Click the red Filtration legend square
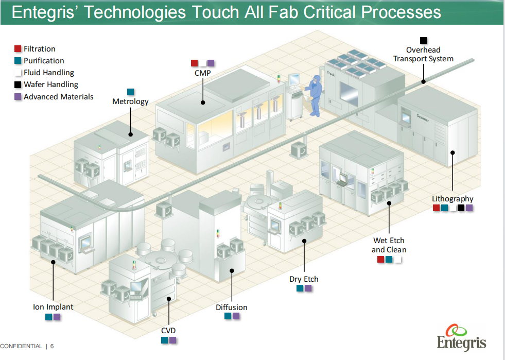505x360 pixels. coord(18,49)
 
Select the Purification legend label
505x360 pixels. coord(44,61)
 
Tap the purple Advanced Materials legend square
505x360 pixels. coord(18,96)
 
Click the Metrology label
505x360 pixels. coord(130,101)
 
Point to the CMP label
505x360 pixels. coord(202,73)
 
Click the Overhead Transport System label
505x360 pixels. coord(423,54)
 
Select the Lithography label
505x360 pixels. coord(452,199)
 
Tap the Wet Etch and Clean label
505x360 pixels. coord(389,245)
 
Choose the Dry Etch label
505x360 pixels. coord(304,279)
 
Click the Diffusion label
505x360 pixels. coord(231,307)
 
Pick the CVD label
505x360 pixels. coord(168,330)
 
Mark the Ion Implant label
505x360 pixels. coord(53,307)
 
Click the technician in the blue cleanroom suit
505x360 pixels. coord(314,95)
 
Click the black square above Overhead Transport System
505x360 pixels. coord(423,40)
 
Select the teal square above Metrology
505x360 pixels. coord(130,92)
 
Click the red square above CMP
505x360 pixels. coord(194,63)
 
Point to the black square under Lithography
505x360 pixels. coord(461,208)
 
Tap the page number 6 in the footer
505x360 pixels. coord(52,346)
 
